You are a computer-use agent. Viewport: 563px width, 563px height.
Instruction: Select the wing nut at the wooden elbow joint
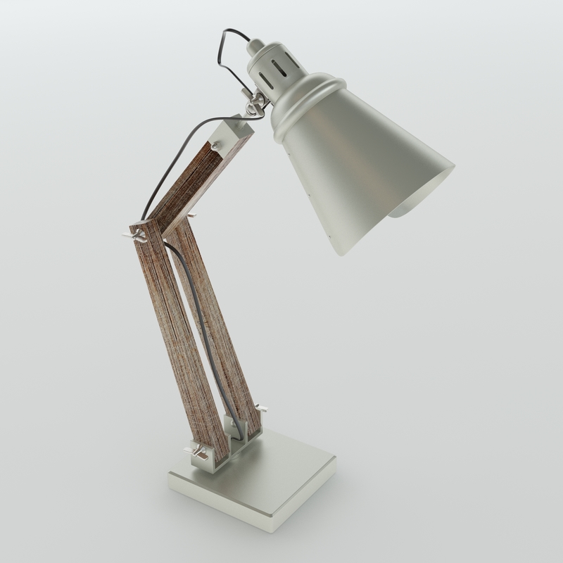[137, 234]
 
